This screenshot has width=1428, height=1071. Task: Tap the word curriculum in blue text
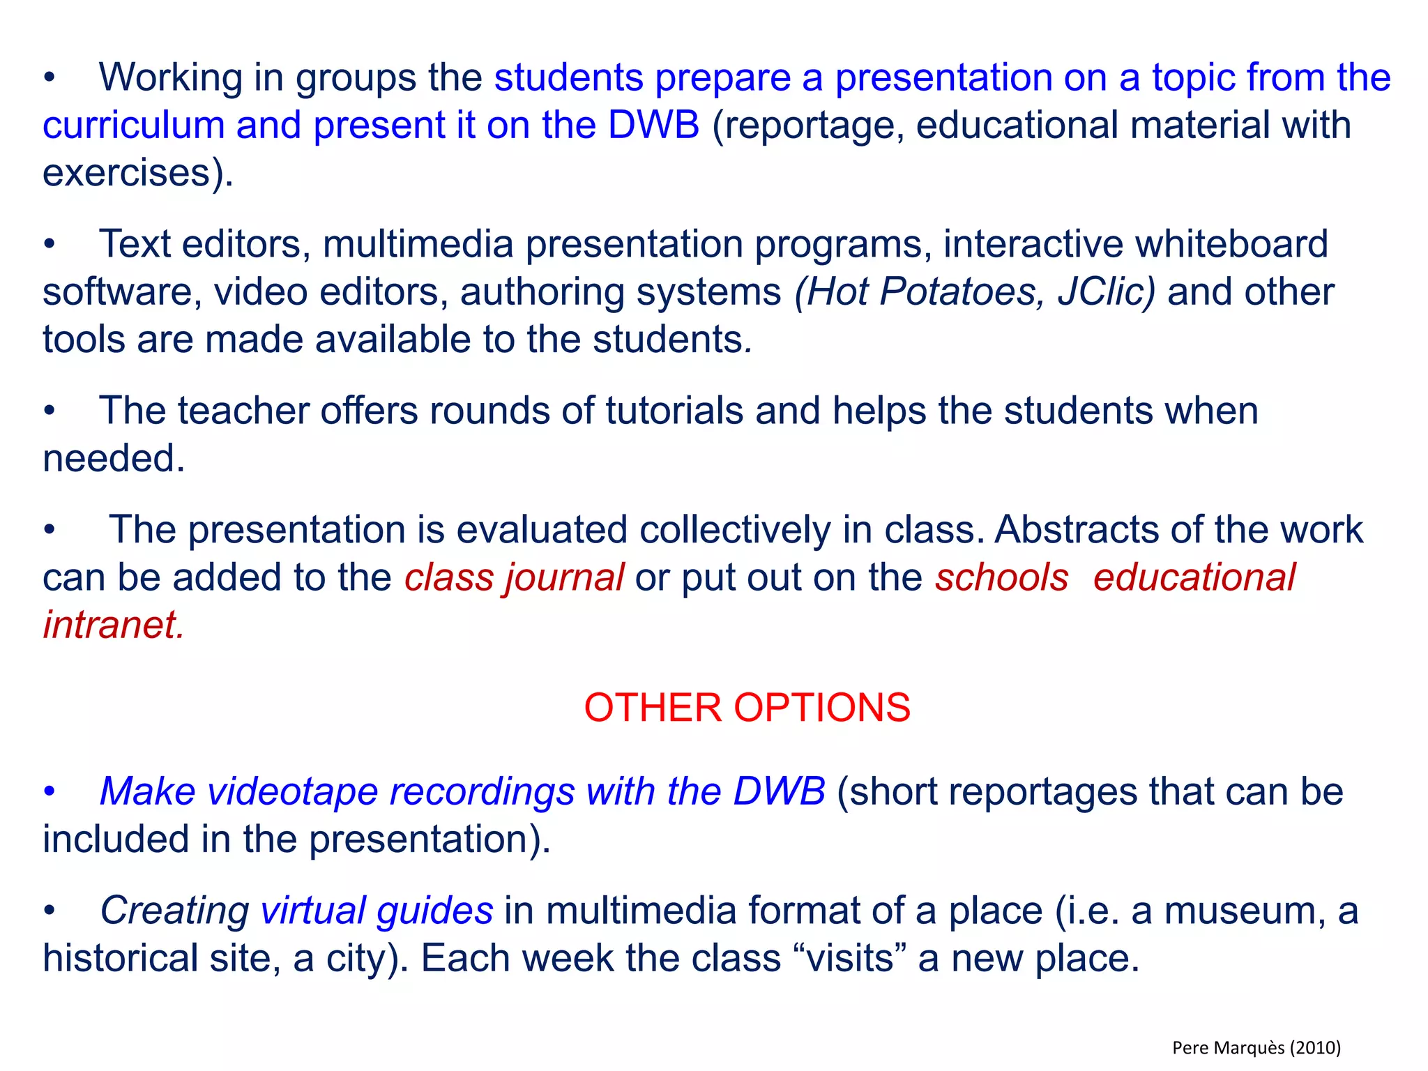click(x=133, y=126)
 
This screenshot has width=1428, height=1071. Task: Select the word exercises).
click(x=137, y=173)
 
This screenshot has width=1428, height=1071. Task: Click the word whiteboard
click(x=1231, y=245)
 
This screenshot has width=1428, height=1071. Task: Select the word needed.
click(x=114, y=459)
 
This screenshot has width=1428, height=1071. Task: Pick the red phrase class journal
click(x=514, y=578)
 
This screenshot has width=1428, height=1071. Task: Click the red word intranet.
click(x=114, y=625)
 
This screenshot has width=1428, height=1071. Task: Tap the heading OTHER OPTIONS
click(x=747, y=708)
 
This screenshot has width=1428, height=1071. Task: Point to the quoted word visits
click(x=850, y=959)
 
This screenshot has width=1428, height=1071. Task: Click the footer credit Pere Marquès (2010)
click(x=1256, y=1047)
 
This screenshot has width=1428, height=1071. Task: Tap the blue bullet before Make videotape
click(x=49, y=793)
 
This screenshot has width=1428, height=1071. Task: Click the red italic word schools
click(x=1001, y=578)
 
